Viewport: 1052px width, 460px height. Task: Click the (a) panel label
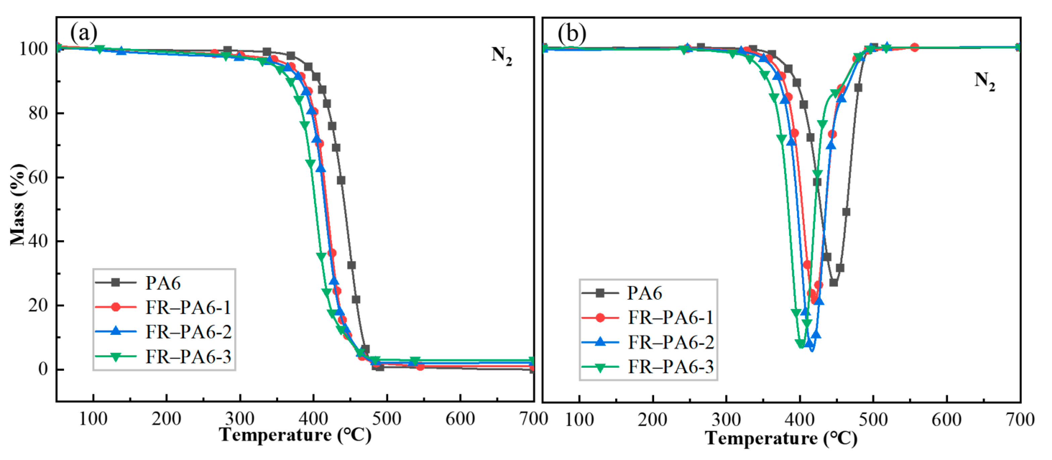pos(84,33)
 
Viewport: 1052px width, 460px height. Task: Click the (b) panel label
pos(571,33)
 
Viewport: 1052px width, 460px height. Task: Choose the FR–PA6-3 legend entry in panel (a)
pos(188,357)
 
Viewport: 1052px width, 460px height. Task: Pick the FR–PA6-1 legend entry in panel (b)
pos(670,317)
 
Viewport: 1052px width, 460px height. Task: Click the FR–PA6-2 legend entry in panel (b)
pos(670,342)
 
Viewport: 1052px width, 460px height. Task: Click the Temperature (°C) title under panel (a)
pos(295,435)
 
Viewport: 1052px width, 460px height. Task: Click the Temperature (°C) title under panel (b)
pos(781,438)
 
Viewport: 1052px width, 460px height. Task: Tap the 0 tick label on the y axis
pos(43,369)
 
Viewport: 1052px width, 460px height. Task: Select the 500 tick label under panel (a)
pos(386,419)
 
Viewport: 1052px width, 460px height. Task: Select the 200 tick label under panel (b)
pos(652,419)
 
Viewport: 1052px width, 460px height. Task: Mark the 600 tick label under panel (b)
pos(946,419)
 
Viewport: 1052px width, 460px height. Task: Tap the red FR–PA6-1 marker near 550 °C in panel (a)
pos(420,366)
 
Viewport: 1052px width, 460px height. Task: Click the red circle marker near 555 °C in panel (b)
pos(914,47)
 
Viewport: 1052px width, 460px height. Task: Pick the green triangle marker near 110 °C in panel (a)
pos(100,49)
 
